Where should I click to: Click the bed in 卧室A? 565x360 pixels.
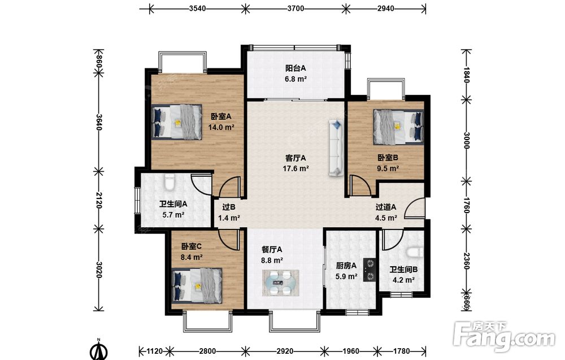point(176,122)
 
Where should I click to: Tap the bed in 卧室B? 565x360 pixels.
point(398,126)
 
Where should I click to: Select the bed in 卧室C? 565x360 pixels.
point(197,286)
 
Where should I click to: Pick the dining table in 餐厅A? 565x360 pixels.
point(280,283)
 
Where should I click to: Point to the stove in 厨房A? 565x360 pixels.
point(370,270)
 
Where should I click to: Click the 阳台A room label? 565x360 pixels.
point(295,68)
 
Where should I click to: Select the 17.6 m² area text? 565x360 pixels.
point(296,168)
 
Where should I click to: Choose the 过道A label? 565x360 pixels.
point(386,207)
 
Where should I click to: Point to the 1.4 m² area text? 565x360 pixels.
point(229,218)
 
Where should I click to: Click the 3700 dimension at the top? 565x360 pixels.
point(295,8)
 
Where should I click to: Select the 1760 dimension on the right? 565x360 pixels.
point(466,205)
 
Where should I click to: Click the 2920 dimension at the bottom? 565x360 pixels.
point(285,351)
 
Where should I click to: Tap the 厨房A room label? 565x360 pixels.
point(346,266)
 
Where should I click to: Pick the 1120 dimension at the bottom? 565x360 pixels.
point(155,351)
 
